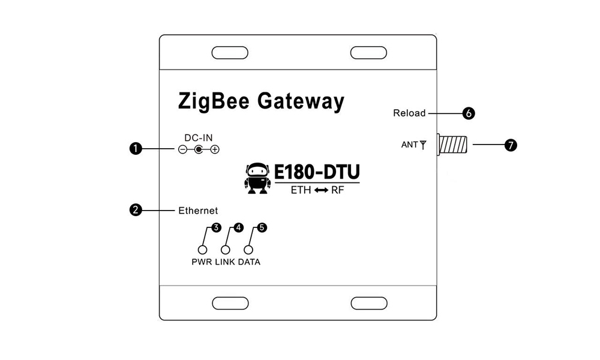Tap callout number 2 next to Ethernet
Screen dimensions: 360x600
[136, 210]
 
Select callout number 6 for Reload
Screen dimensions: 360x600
[469, 113]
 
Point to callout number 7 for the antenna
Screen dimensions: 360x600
[511, 145]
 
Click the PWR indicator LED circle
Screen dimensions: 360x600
[203, 250]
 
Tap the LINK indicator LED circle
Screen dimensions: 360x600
[226, 250]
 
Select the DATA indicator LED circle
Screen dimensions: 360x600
[248, 250]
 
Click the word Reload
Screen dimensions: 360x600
[409, 113]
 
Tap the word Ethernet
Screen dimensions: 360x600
[198, 211]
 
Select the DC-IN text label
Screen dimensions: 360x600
[199, 138]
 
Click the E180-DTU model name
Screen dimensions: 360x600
[317, 173]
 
